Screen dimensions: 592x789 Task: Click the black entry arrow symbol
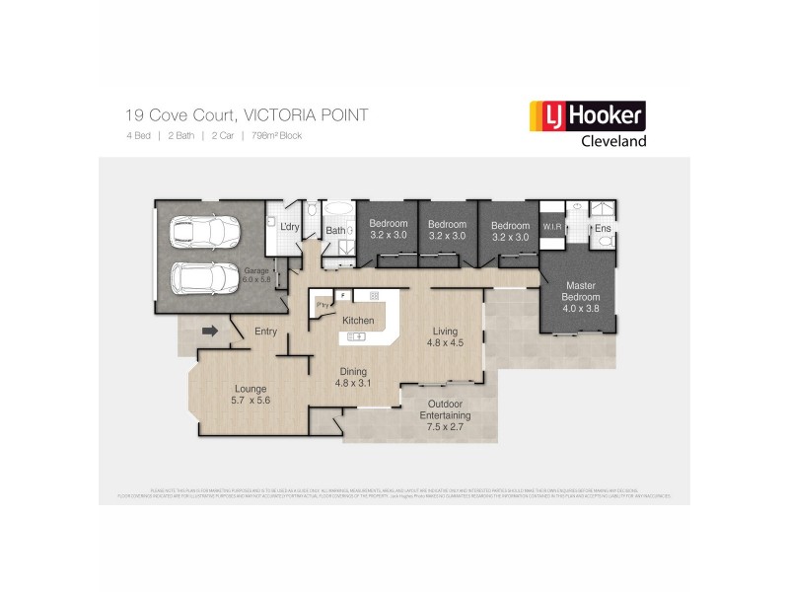(209, 332)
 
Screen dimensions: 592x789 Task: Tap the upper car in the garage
(204, 232)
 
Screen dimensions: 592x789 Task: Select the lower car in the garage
(204, 278)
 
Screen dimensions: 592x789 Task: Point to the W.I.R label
(550, 228)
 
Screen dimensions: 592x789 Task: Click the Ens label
(603, 228)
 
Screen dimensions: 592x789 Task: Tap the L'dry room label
(289, 228)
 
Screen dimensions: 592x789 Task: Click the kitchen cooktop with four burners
(374, 295)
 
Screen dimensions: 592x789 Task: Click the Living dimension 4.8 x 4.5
(444, 344)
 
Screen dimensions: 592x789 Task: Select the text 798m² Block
(276, 135)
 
